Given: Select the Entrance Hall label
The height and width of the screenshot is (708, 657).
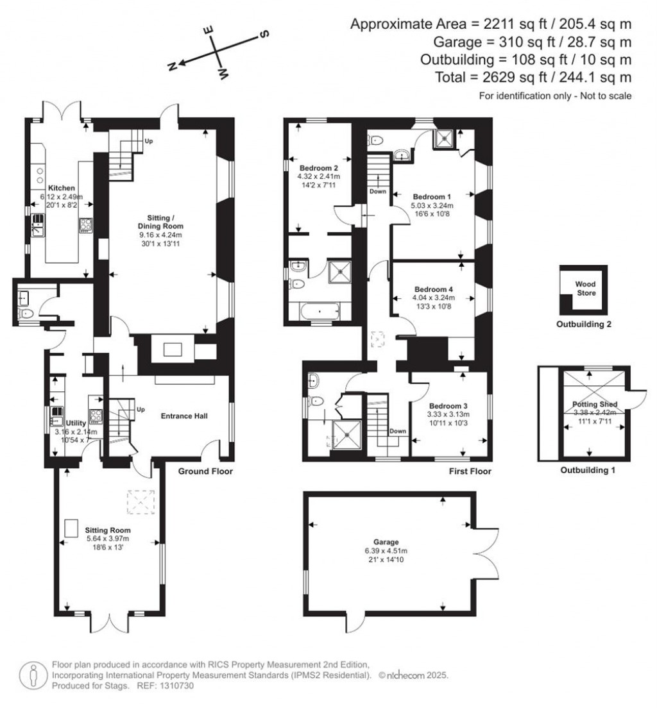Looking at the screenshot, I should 183,416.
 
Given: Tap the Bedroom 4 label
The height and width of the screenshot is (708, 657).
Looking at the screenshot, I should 433,289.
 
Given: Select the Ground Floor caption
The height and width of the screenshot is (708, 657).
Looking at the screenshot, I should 205,471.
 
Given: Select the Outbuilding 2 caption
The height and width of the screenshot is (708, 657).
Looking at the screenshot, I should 584,324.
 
